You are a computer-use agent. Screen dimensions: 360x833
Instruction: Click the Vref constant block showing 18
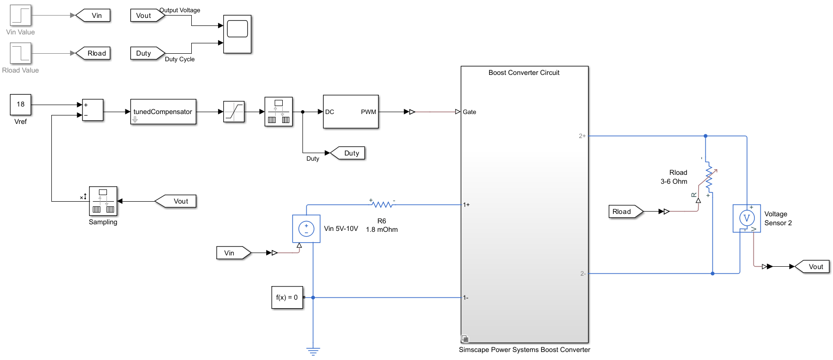[20, 105]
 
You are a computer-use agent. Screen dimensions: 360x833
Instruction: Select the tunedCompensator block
[163, 112]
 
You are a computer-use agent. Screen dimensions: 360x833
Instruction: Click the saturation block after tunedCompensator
[234, 112]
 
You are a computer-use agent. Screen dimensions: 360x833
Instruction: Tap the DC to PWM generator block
[351, 112]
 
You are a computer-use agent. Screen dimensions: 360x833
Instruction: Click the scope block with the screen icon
[237, 34]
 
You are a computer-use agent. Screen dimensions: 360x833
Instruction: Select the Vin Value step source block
[20, 16]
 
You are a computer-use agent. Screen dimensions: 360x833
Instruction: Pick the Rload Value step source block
[20, 53]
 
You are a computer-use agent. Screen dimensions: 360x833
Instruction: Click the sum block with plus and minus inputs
[92, 110]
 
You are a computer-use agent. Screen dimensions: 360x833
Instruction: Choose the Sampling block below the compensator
[103, 201]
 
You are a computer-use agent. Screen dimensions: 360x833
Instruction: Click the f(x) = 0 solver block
[287, 297]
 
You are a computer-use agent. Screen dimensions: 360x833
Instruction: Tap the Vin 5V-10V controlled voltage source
[306, 229]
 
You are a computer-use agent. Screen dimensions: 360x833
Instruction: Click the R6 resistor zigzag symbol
[382, 205]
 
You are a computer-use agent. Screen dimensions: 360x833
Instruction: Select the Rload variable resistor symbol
[710, 178]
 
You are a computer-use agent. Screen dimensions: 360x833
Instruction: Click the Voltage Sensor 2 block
[746, 218]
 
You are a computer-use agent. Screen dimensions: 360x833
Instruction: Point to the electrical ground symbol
[313, 351]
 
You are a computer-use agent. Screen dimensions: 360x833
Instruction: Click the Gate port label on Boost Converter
[469, 112]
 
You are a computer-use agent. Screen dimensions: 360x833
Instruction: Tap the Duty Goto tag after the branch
[349, 153]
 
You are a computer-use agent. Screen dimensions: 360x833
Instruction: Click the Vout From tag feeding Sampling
[177, 201]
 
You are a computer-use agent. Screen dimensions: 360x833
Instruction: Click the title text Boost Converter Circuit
[524, 73]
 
